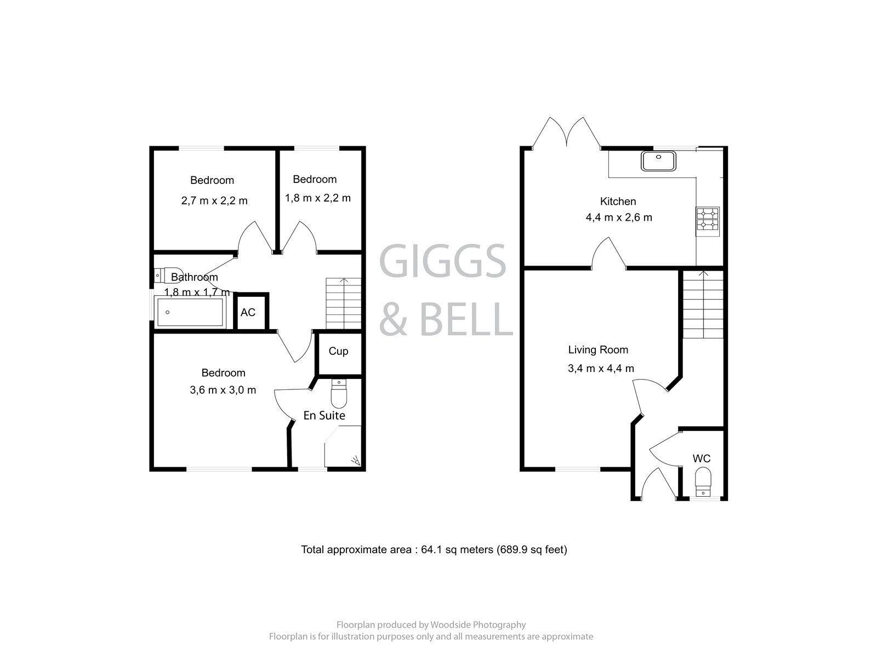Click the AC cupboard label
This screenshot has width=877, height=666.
[248, 312]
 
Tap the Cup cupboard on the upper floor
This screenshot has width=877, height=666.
[338, 351]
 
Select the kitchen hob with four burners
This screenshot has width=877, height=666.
[708, 219]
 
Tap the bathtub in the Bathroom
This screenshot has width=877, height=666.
[190, 312]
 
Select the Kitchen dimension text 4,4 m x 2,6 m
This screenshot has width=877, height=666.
[619, 217]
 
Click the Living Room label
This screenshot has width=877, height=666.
[598, 349]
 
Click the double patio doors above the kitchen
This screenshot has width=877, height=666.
[567, 134]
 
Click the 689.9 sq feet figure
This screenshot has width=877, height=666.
[531, 549]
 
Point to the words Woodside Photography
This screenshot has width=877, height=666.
[478, 624]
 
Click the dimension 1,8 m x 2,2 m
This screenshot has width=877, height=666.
[317, 198]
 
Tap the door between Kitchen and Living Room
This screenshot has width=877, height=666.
[609, 254]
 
